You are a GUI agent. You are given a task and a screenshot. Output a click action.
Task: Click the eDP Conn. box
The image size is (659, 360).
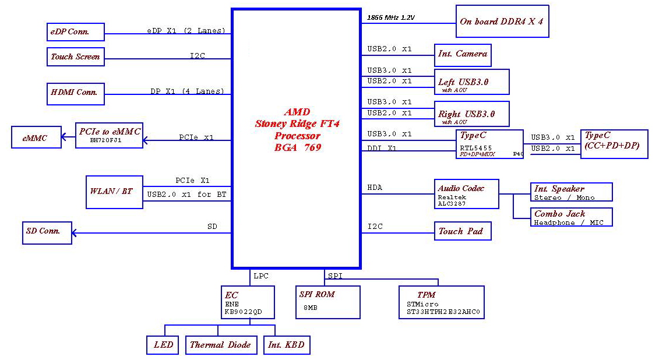[x=75, y=32]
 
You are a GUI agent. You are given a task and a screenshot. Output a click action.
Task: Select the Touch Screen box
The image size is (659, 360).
[x=75, y=57]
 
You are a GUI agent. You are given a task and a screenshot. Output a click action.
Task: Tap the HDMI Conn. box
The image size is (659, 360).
[x=75, y=92]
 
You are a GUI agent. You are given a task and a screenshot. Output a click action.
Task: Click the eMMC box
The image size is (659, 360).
[x=36, y=138]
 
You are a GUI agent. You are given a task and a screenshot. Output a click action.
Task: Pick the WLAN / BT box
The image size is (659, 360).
[x=114, y=192]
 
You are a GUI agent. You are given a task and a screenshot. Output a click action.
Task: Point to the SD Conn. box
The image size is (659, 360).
[x=47, y=231]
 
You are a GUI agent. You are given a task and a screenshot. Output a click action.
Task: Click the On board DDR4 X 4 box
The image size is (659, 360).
[x=502, y=22]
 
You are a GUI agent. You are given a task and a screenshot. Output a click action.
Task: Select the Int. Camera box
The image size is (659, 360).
[x=463, y=55]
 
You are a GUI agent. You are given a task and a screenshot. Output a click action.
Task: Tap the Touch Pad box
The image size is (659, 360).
[x=463, y=231]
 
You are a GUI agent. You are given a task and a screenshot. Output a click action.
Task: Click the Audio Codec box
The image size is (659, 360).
[x=467, y=193]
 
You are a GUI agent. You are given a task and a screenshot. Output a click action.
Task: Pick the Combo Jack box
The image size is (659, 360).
[x=571, y=217]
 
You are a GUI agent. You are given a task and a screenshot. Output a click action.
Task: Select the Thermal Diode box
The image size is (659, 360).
[x=220, y=344]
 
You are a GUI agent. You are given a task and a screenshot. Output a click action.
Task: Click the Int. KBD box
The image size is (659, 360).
[x=286, y=344]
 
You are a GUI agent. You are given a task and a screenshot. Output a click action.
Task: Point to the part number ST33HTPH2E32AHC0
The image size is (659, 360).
[x=443, y=312]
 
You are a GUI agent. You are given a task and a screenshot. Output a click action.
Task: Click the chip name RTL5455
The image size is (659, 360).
[x=475, y=148]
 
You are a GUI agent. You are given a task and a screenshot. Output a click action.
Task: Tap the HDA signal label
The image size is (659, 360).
[x=374, y=188]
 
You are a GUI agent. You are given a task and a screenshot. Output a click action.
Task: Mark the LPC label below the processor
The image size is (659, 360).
[x=261, y=276]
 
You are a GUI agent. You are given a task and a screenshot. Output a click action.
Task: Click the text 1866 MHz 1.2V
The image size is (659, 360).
[x=390, y=17]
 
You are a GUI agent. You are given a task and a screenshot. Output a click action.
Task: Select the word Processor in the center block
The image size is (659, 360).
[x=297, y=136]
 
